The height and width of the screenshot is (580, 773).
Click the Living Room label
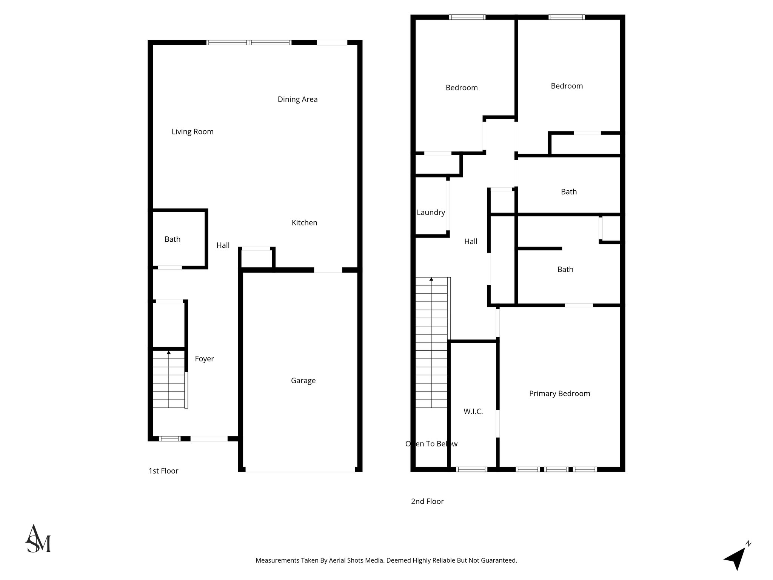point(192,131)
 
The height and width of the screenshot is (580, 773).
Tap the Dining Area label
point(297,99)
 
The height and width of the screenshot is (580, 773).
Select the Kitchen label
point(304,223)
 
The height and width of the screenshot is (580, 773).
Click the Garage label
point(303,381)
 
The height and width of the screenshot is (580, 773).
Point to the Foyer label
point(204,359)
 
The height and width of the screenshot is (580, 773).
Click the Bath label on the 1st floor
point(172,239)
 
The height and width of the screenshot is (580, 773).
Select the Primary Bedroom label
point(559,393)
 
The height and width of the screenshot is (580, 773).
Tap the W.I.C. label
point(473,412)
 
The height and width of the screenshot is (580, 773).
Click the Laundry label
point(431,213)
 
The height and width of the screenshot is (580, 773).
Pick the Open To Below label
point(431,444)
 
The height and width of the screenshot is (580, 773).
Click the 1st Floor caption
point(163,471)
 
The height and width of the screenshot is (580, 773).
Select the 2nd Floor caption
point(427,501)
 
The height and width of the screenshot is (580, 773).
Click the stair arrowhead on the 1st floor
point(169,353)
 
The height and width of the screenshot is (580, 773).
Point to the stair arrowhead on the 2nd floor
point(431,279)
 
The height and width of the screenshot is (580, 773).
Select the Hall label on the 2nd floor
point(471,242)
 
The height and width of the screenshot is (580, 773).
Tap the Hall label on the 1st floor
point(223,245)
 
